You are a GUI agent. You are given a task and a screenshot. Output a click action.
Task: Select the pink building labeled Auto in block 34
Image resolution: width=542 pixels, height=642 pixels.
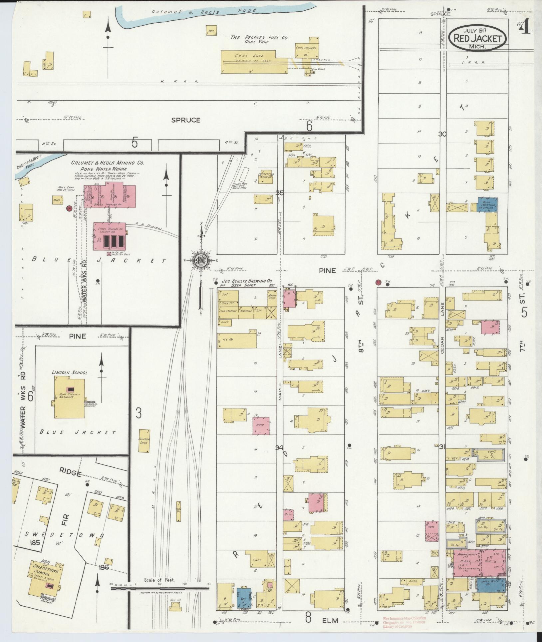click(260, 426)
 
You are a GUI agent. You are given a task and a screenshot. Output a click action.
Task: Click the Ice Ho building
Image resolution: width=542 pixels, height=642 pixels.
click(237, 340)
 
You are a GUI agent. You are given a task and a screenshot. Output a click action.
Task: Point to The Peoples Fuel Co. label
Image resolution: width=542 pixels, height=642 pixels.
click(259, 38)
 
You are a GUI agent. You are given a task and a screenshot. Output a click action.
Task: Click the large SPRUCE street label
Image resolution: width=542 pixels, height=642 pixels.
click(186, 120)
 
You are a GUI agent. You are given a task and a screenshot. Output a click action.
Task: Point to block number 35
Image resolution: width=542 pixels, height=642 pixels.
click(280, 193)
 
